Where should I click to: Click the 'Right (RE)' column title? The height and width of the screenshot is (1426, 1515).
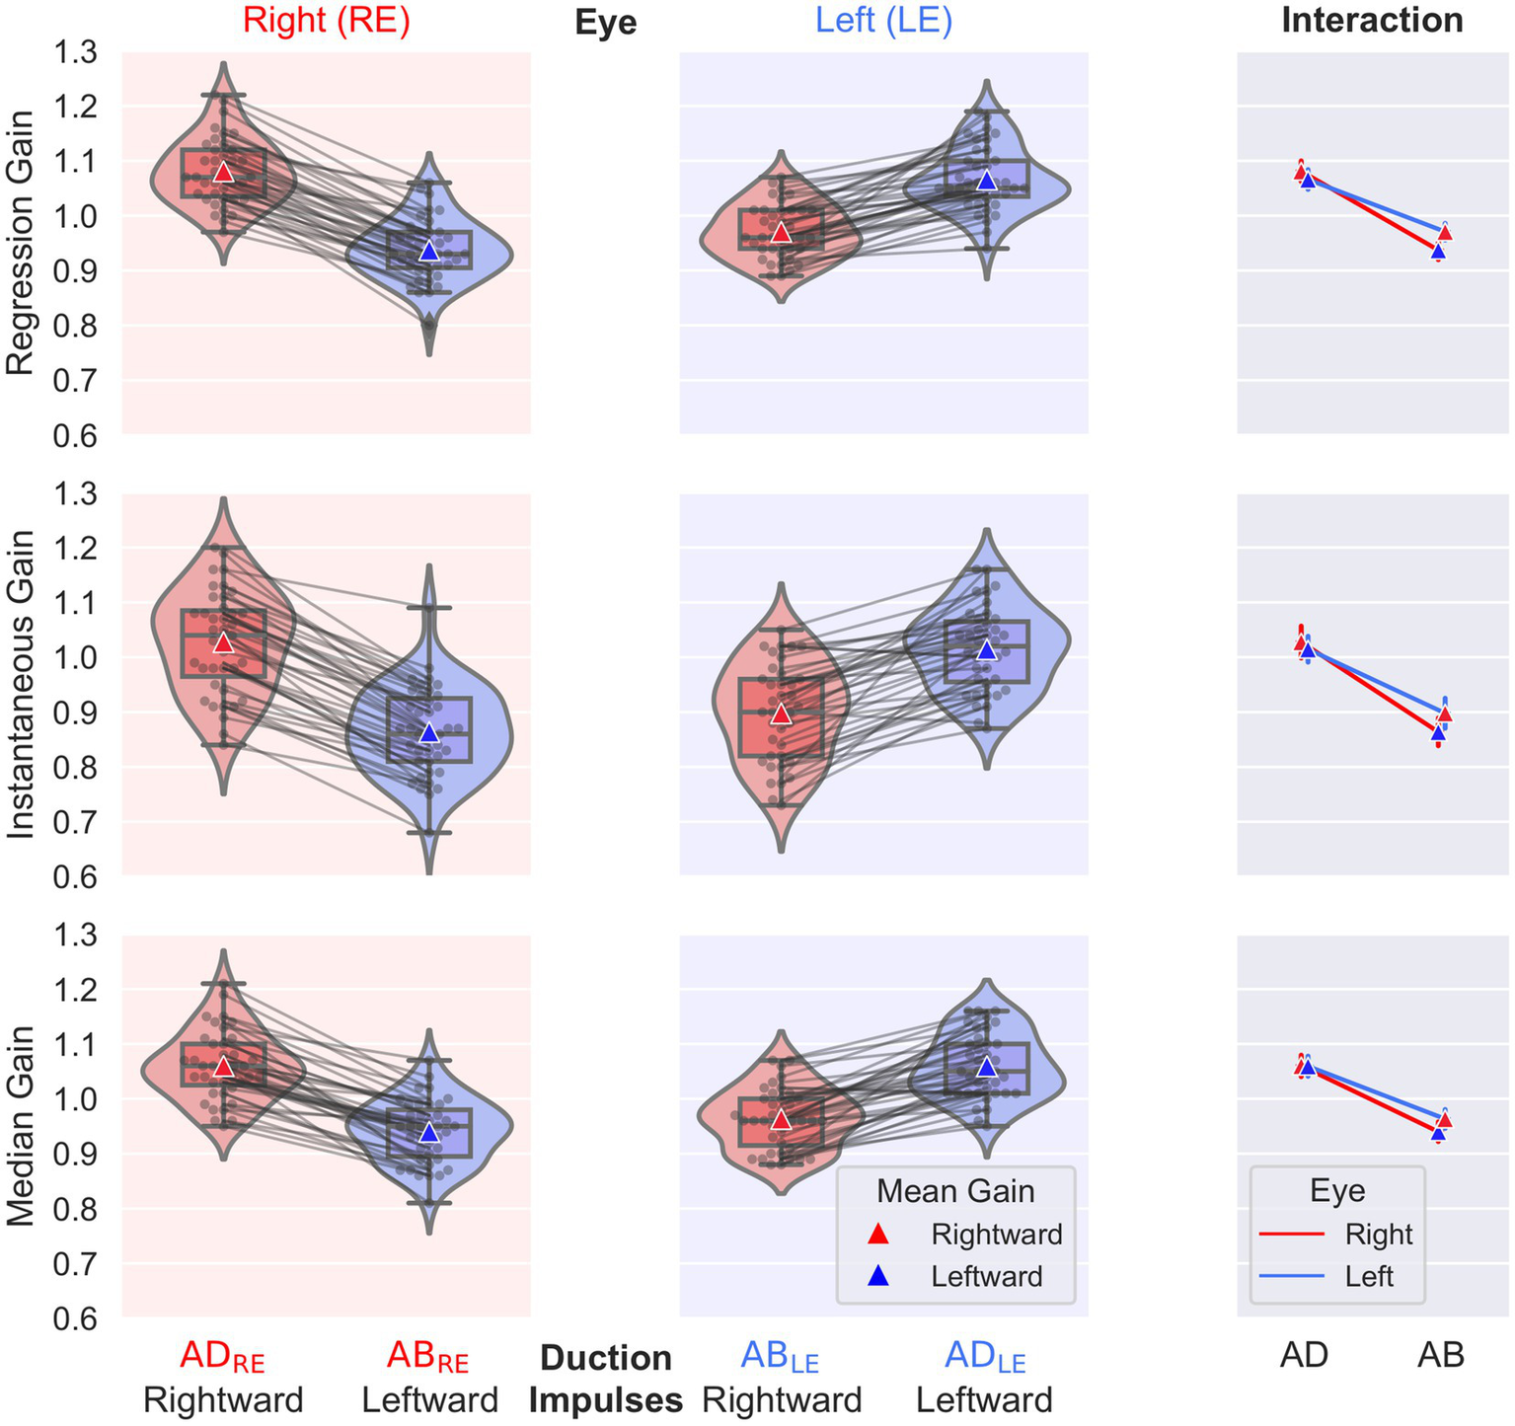pyautogui.click(x=326, y=21)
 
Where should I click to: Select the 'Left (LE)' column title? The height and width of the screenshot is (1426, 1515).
pyautogui.click(x=883, y=21)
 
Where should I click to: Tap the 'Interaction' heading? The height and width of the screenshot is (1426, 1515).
pyautogui.click(x=1372, y=21)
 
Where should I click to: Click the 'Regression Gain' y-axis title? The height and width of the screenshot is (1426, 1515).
pyautogui.click(x=21, y=242)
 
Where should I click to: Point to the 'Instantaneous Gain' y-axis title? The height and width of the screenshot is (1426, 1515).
pyautogui.click(x=21, y=684)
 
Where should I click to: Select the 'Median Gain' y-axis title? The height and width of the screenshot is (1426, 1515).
pyautogui.click(x=21, y=1125)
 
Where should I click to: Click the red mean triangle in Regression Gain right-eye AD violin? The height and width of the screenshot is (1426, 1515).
pyautogui.click(x=223, y=172)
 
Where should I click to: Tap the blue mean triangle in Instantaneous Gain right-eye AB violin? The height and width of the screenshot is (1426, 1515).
pyautogui.click(x=428, y=732)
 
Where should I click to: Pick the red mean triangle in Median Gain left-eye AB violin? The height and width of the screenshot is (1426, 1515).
pyautogui.click(x=781, y=1119)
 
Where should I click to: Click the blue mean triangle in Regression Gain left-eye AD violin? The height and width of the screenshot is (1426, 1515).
pyautogui.click(x=987, y=181)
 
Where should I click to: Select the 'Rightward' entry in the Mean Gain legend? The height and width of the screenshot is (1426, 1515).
pyautogui.click(x=996, y=1235)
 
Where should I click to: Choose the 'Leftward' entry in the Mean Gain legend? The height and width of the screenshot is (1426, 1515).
pyautogui.click(x=986, y=1277)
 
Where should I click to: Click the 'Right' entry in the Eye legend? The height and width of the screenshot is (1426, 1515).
pyautogui.click(x=1378, y=1235)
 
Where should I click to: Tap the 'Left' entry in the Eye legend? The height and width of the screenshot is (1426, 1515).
pyautogui.click(x=1369, y=1277)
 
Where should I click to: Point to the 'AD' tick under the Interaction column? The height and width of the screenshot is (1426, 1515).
pyautogui.click(x=1304, y=1356)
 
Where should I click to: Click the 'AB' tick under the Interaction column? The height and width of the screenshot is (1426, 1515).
pyautogui.click(x=1440, y=1356)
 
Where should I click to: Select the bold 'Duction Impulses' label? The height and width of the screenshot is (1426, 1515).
pyautogui.click(x=606, y=1379)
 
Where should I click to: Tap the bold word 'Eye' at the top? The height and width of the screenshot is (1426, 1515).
pyautogui.click(x=605, y=24)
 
